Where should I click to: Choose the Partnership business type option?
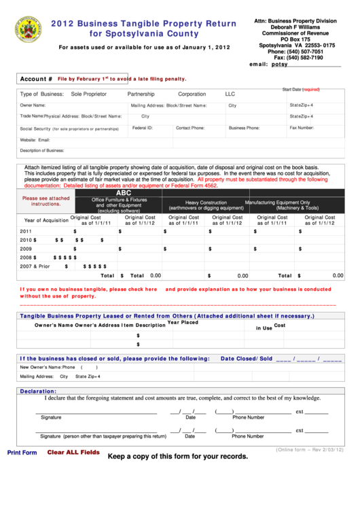coord(141,94)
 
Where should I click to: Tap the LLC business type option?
coord(230,94)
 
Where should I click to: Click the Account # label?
coord(36,79)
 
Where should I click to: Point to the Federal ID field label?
coord(143,128)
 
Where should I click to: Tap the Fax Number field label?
coord(302,128)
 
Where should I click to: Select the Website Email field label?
coord(35,140)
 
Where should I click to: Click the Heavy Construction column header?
coord(206,203)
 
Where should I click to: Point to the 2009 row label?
coord(26,249)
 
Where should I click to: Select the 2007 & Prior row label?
coord(35,266)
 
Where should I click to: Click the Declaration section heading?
coord(38,391)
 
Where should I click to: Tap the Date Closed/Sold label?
coord(246,358)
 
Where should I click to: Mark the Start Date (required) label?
coord(301,90)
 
